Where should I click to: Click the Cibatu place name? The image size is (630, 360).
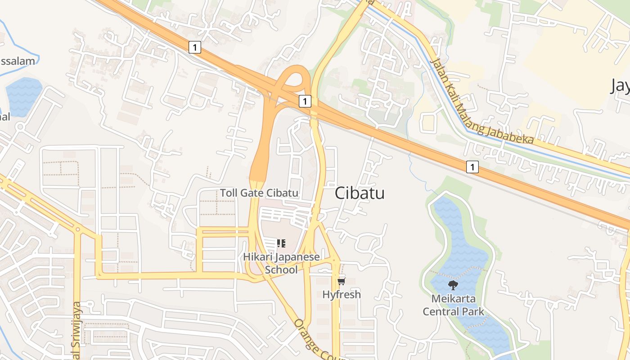pyautogui.click(x=360, y=193)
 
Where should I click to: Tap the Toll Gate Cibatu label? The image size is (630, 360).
pyautogui.click(x=259, y=193)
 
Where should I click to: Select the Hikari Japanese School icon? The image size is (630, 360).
pyautogui.click(x=281, y=244)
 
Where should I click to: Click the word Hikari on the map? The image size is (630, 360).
pyautogui.click(x=258, y=257)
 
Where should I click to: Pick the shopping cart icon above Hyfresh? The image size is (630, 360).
pyautogui.click(x=341, y=282)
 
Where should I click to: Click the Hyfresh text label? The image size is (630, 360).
pyautogui.click(x=341, y=295)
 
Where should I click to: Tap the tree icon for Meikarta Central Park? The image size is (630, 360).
pyautogui.click(x=453, y=284)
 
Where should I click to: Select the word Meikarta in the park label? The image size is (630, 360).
pyautogui.click(x=453, y=298)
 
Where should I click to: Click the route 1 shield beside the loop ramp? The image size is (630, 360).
pyautogui.click(x=305, y=101)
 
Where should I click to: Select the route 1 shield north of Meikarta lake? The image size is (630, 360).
pyautogui.click(x=472, y=167)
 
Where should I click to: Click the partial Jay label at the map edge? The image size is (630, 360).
pyautogui.click(x=620, y=85)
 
